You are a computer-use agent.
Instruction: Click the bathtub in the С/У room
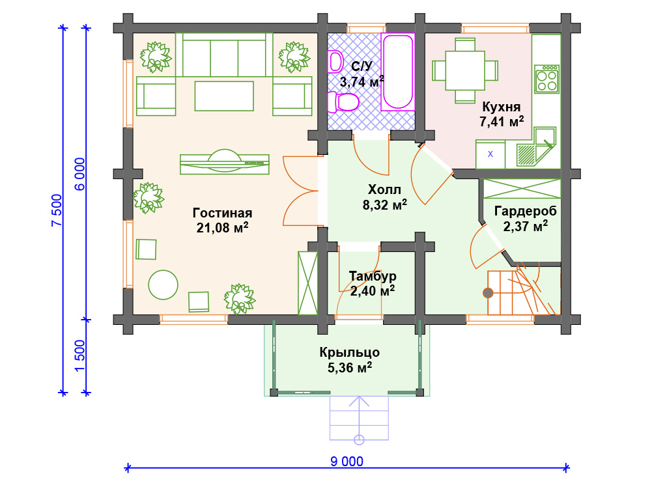[398, 72]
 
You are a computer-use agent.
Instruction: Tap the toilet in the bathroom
[343, 102]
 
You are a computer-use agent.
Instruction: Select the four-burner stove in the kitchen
[546, 79]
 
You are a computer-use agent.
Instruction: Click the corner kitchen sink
[536, 146]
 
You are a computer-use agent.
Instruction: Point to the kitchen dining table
[465, 70]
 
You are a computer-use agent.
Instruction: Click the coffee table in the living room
[224, 96]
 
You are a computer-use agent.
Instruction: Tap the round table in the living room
[163, 285]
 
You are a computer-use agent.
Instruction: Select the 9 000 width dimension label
[347, 462]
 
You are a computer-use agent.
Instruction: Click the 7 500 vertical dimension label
[57, 210]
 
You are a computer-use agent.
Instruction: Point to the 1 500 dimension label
[79, 355]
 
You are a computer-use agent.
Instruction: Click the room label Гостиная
[223, 213]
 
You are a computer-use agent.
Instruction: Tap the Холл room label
[384, 189]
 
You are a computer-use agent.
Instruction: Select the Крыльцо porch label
[350, 352]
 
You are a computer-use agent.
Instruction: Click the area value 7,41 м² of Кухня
[502, 122]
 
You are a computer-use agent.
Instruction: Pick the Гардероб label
[526, 211]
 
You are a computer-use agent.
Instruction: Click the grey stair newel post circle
[488, 292]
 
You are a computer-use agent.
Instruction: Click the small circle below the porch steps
[359, 439]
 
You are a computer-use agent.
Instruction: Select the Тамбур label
[373, 276]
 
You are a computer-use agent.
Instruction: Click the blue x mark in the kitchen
[490, 154]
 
